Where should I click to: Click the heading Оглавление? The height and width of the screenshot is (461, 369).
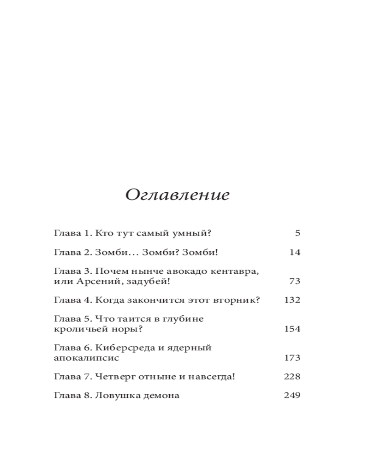(x=178, y=195)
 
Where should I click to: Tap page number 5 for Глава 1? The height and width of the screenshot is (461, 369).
(x=298, y=233)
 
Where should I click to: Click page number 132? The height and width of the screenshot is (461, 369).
(x=292, y=300)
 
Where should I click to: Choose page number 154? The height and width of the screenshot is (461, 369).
(x=292, y=329)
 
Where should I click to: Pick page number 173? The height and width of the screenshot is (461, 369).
(x=292, y=358)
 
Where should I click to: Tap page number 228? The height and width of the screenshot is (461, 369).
(x=292, y=377)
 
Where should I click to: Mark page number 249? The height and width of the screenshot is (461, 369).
(x=292, y=396)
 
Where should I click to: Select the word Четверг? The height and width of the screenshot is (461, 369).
(x=115, y=377)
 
